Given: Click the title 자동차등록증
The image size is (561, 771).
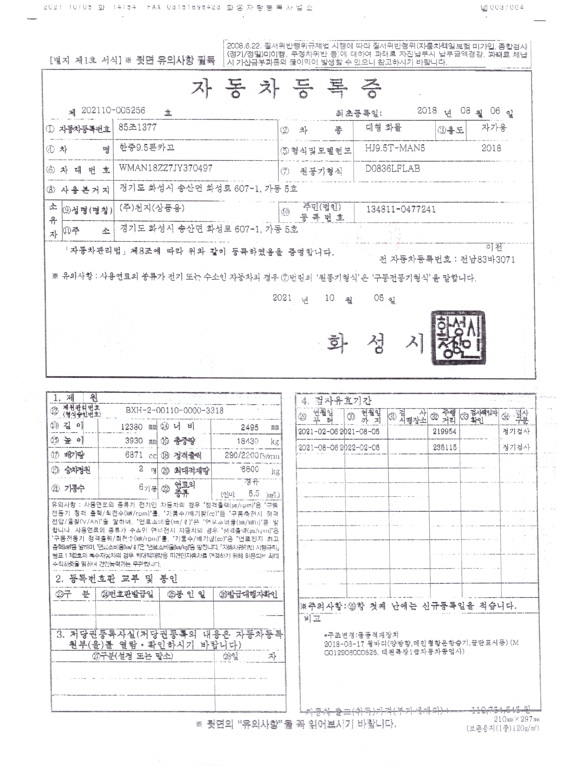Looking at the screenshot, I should tap(286, 89).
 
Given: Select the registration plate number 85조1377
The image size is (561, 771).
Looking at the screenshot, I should tap(138, 127).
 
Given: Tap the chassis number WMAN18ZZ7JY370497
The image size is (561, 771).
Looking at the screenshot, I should tap(166, 168).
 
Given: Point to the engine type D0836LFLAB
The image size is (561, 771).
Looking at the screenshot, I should tap(393, 169).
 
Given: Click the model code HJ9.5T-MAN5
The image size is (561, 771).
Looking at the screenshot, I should tap(395, 148).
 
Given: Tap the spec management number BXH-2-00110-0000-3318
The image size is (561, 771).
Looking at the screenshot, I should tap(175, 411).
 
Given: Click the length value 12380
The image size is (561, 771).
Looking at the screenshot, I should tap(132, 427).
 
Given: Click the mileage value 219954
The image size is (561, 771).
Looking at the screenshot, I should tap(445, 432).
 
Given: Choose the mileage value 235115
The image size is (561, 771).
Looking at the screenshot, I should tap(445, 448).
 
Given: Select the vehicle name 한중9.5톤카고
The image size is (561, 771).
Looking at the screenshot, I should tap(147, 148).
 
